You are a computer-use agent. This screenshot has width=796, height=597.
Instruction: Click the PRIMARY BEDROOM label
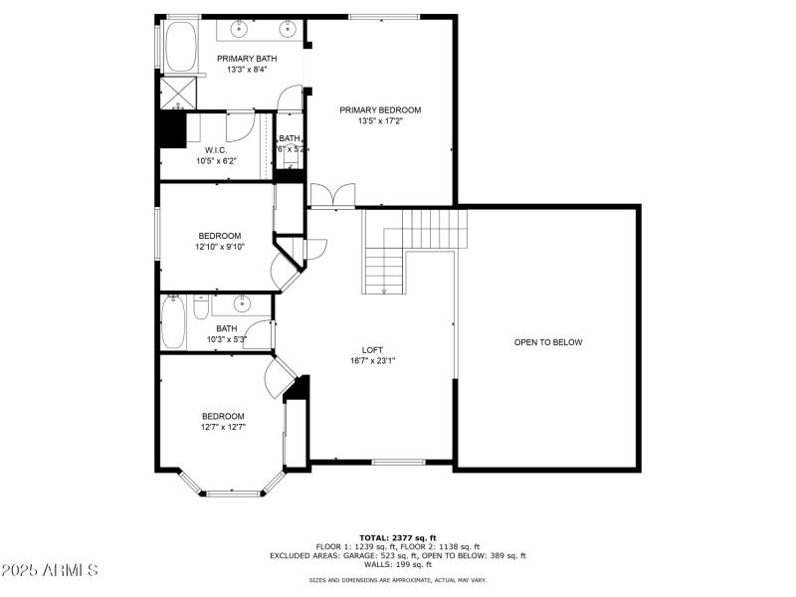pyautogui.click(x=379, y=109)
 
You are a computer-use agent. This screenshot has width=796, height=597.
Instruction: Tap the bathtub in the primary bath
pyautogui.click(x=180, y=47)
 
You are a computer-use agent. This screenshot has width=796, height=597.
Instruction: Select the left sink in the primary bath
pyautogui.click(x=242, y=29)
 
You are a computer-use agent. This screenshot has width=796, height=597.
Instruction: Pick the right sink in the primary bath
pyautogui.click(x=288, y=29)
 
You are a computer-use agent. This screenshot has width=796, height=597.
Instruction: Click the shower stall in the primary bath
pyautogui.click(x=180, y=93)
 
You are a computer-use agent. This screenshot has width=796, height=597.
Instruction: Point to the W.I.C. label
pyautogui.click(x=216, y=149)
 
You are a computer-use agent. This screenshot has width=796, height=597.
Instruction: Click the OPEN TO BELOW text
pyautogui.click(x=547, y=342)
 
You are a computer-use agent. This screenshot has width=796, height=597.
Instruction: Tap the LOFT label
pyautogui.click(x=372, y=349)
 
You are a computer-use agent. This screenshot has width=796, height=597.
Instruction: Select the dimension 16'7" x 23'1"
pyautogui.click(x=372, y=360)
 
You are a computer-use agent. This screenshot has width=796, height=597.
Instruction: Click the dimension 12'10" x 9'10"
pyautogui.click(x=220, y=247)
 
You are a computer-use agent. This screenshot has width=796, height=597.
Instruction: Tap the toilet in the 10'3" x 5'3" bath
pyautogui.click(x=200, y=308)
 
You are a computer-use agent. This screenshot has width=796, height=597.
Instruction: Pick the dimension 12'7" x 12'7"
pyautogui.click(x=223, y=427)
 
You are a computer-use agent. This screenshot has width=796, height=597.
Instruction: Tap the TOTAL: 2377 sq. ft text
pyautogui.click(x=397, y=537)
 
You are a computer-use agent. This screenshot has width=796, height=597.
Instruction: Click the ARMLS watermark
pyautogui.click(x=50, y=571)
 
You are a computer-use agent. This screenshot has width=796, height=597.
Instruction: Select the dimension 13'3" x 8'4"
pyautogui.click(x=247, y=70)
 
